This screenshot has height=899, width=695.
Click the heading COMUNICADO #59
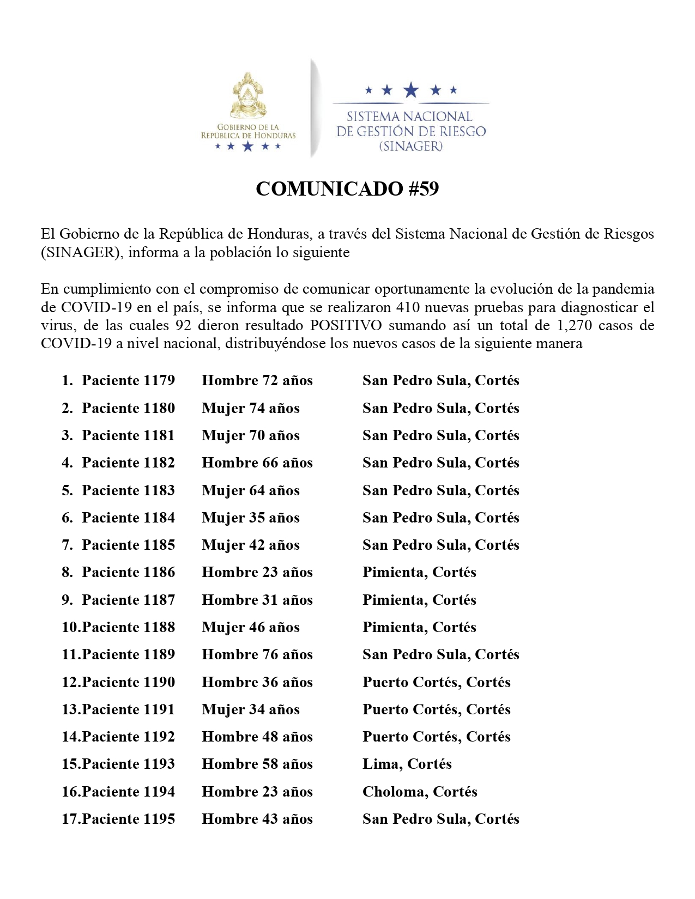[347, 189]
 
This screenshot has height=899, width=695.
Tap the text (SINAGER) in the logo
[411, 146]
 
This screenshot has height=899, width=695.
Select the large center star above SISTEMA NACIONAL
[410, 90]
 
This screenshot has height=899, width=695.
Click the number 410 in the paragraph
[408, 307]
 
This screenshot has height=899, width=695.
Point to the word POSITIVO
[346, 325]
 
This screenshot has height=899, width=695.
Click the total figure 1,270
[575, 325]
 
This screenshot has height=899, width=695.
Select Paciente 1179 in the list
[128, 380]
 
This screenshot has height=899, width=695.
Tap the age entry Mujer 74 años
[251, 408]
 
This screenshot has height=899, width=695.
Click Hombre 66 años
[257, 463]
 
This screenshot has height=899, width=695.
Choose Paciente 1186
[128, 572]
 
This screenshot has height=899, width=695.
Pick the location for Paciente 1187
[419, 600]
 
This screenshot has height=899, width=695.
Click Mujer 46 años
[251, 627]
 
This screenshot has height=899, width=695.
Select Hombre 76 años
[257, 654]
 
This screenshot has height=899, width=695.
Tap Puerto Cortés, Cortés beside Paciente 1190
[437, 682]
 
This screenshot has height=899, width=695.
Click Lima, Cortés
[407, 764]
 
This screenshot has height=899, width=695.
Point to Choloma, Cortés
[420, 792]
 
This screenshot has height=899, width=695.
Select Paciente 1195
[128, 819]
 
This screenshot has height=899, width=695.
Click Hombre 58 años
[257, 764]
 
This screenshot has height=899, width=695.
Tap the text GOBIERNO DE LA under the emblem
[248, 127]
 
